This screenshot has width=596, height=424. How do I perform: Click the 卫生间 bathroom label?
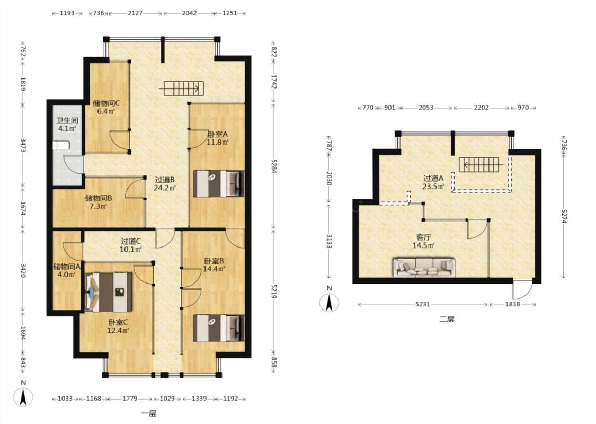67,121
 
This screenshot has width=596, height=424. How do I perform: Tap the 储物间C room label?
106,103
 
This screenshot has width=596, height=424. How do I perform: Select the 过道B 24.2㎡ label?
164,183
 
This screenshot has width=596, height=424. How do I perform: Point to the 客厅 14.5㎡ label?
423,242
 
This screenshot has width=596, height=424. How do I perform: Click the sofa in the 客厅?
424,267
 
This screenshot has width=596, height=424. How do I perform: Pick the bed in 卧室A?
219,184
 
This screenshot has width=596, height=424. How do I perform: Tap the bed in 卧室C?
109,291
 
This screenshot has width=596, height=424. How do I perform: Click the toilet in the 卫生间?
61,145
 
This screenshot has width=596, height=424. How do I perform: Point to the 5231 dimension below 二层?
422,304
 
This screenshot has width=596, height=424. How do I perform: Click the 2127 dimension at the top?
135,13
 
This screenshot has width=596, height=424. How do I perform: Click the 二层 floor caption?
447,320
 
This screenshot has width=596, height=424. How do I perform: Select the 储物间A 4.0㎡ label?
67,270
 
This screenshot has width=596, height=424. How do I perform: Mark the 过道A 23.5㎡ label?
433,182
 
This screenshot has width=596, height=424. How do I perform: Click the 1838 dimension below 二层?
512,304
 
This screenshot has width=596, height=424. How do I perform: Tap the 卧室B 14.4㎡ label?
214,265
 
